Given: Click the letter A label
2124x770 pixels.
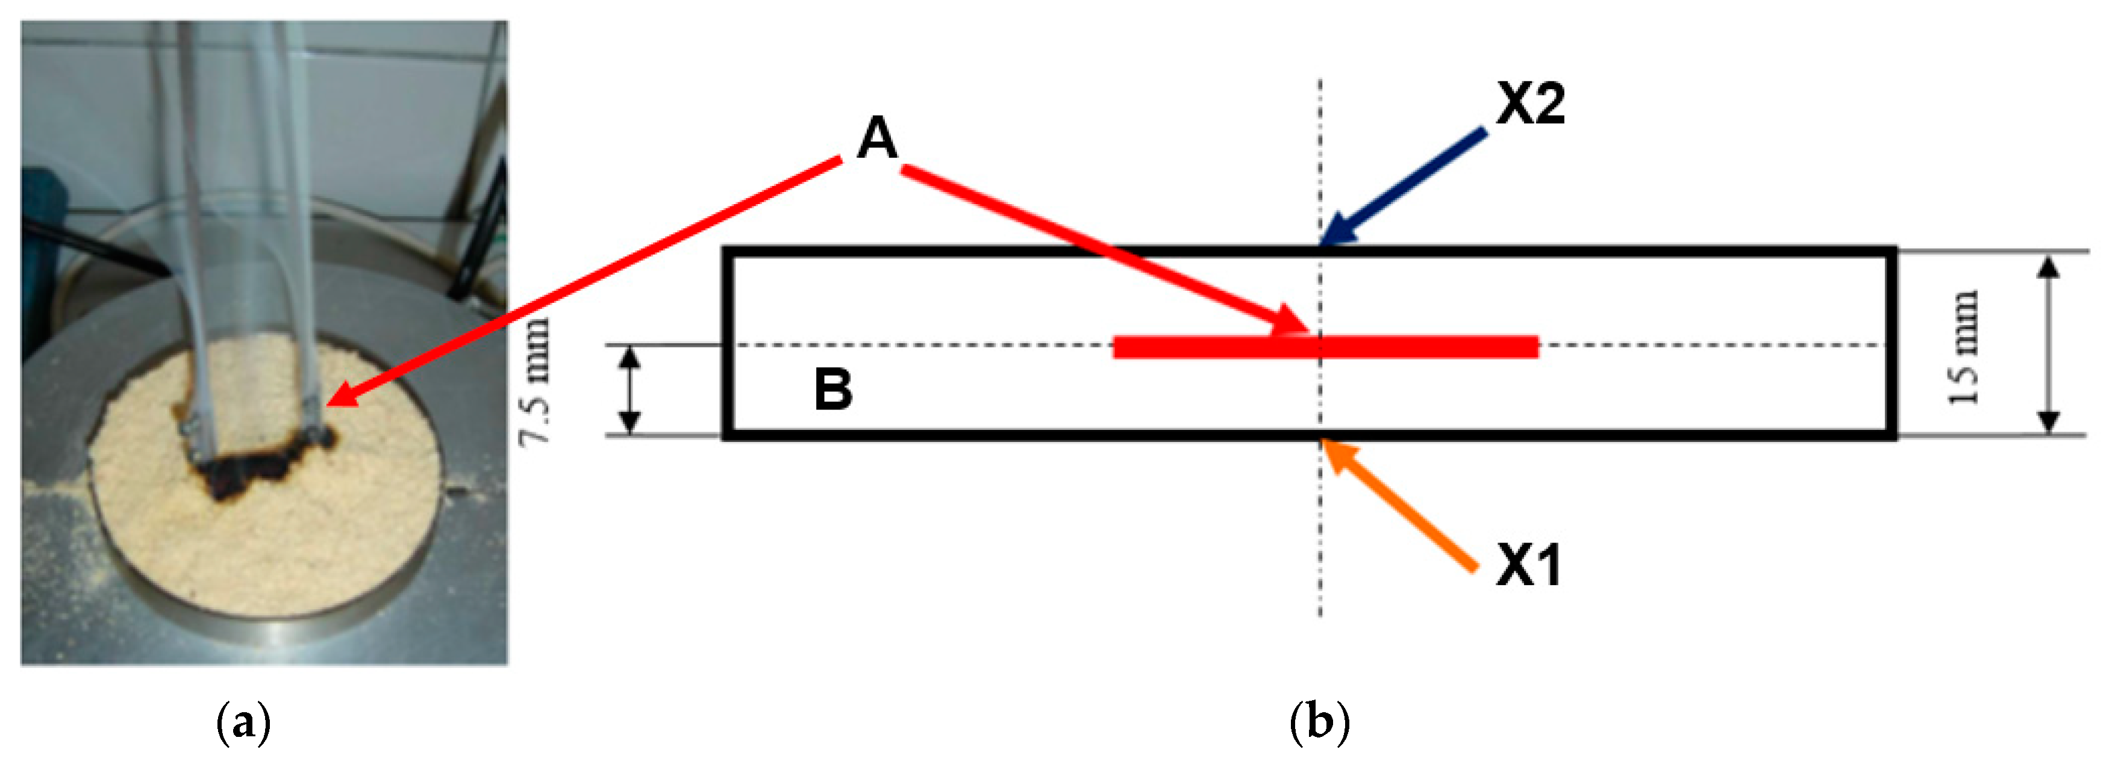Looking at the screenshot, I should (876, 138).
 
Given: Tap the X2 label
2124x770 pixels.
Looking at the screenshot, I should (1530, 105).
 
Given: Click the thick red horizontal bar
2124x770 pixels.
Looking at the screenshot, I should (1325, 347).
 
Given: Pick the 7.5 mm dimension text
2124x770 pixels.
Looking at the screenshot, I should (534, 382).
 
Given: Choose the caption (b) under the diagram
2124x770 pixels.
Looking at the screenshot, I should (1319, 722).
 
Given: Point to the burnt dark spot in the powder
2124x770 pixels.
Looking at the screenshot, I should (248, 470).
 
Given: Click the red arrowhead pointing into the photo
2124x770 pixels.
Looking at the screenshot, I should (342, 396).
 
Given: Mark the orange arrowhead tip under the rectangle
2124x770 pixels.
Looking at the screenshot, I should (1325, 444).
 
